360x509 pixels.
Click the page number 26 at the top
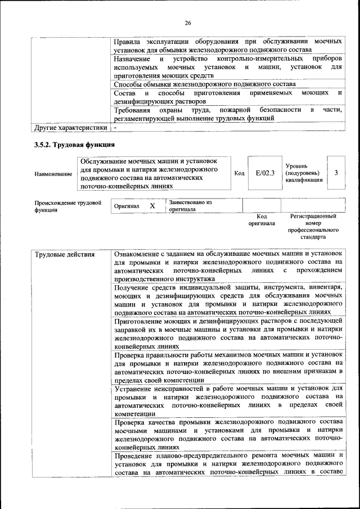(188, 23)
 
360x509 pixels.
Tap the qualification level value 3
(336, 173)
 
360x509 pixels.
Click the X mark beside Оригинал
(152, 206)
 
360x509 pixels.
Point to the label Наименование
(53, 174)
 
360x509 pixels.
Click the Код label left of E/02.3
(239, 173)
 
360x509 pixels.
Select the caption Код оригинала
(262, 219)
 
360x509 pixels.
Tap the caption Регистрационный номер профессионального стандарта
(313, 226)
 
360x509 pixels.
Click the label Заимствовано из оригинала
(190, 205)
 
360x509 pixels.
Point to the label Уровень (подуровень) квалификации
(304, 173)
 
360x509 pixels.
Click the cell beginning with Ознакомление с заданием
(228, 266)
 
